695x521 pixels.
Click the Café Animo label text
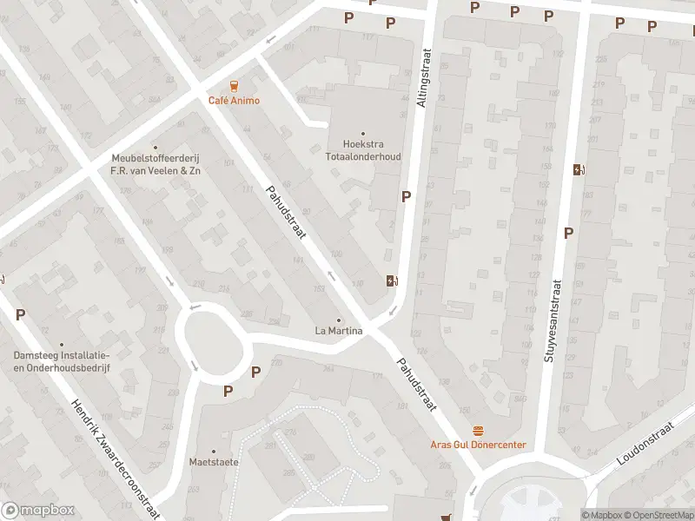[233, 100]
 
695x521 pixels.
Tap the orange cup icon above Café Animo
[233, 85]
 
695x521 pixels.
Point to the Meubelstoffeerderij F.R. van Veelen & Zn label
[156, 164]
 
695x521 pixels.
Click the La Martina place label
[339, 331]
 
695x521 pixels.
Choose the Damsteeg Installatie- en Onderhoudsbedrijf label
[61, 361]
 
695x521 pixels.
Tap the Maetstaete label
[214, 462]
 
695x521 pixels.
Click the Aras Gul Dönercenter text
[478, 445]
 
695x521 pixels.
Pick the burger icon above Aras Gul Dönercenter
[478, 431]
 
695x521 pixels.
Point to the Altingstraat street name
[423, 78]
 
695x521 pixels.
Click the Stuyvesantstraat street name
[553, 320]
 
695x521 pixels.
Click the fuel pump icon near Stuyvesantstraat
[579, 170]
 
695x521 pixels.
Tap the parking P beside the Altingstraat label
[406, 197]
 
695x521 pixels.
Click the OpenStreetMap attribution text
[660, 515]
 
